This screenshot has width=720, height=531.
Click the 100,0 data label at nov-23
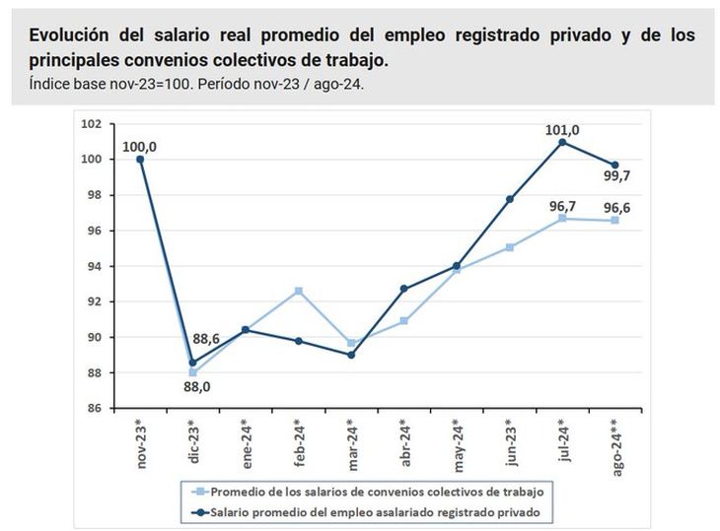(140, 147)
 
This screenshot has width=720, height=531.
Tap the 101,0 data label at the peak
(562, 129)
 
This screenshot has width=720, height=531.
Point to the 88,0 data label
(197, 386)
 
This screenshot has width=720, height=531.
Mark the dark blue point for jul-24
(562, 142)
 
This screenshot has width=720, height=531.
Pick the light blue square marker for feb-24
(299, 291)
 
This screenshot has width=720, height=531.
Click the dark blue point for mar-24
(351, 355)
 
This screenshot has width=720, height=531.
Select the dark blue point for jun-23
(510, 199)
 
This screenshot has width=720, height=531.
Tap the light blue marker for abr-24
(404, 321)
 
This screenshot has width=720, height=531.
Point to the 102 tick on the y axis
(93, 124)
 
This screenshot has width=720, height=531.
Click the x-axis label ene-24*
(247, 440)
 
